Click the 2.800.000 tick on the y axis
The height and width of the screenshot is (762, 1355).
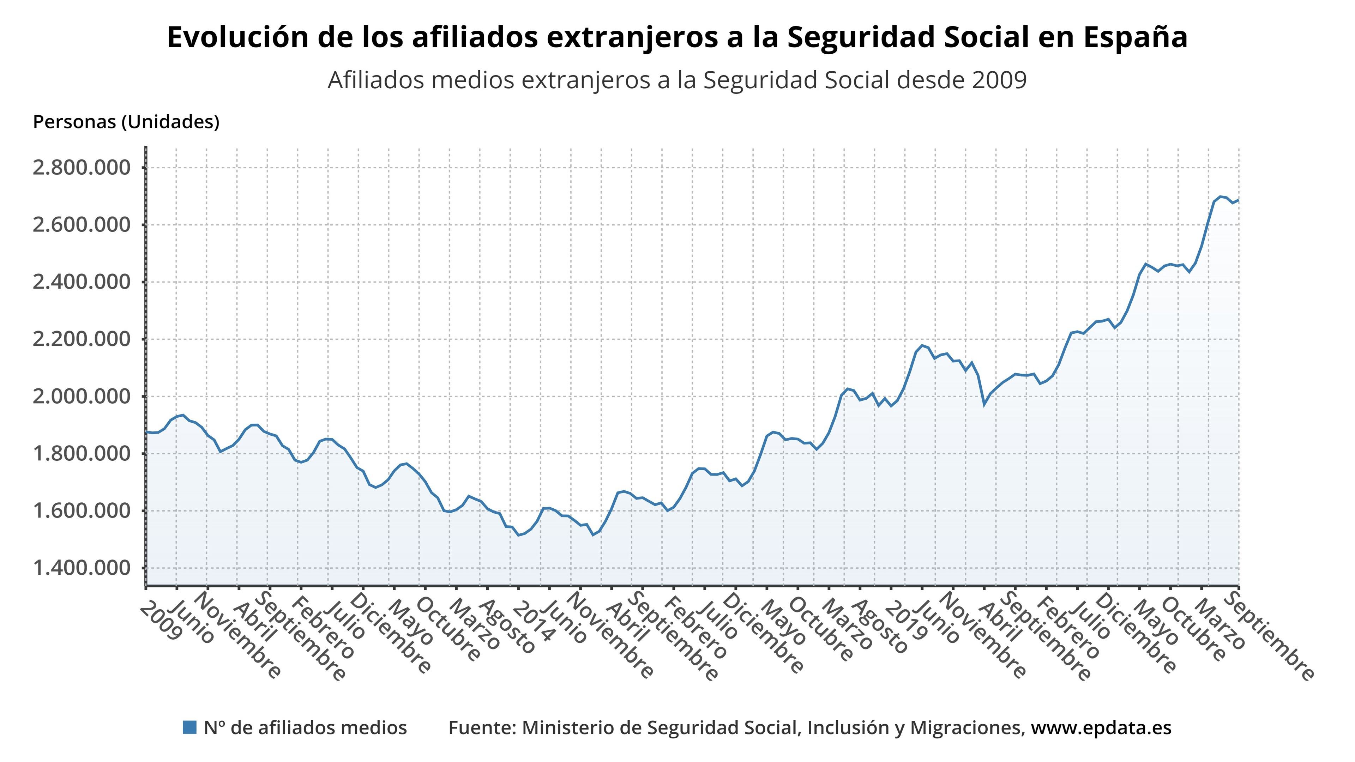coord(82,168)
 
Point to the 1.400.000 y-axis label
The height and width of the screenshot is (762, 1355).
coord(82,568)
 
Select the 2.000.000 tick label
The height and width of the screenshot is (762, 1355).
coord(82,397)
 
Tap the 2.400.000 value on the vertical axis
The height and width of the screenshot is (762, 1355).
coord(82,282)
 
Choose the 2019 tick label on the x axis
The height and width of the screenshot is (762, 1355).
coord(905,623)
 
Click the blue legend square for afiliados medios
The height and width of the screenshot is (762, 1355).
coord(189,727)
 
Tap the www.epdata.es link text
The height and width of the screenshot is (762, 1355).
coord(1101,727)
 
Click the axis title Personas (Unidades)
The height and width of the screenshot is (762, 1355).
coord(126,122)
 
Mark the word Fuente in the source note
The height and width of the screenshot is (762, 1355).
coord(480,727)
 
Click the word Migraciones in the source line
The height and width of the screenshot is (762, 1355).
coord(967,727)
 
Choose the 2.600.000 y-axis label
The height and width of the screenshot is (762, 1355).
coord(82,225)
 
